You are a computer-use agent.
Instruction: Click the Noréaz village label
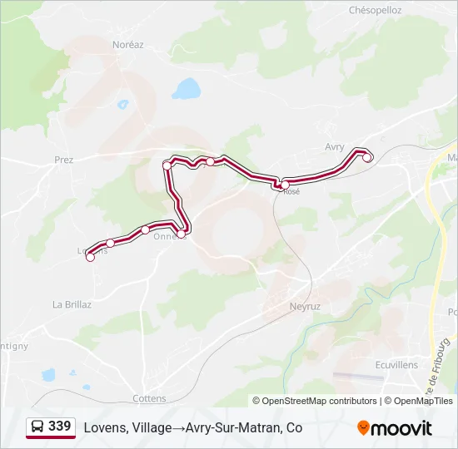[127, 44]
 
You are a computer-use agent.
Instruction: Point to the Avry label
[334, 146]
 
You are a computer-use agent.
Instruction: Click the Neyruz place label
[305, 306]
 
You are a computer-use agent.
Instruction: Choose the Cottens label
[149, 398]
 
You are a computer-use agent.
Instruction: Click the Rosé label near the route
[291, 192]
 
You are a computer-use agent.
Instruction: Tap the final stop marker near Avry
[367, 157]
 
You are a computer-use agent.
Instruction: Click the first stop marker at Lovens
[91, 257]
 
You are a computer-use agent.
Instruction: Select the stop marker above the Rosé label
[285, 184]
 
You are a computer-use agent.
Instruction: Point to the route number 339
[60, 427]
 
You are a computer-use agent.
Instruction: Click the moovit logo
[395, 428]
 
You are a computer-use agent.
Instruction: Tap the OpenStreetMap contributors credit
[315, 401]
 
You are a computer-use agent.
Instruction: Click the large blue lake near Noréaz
[187, 88]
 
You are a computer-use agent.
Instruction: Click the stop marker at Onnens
[181, 234]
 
